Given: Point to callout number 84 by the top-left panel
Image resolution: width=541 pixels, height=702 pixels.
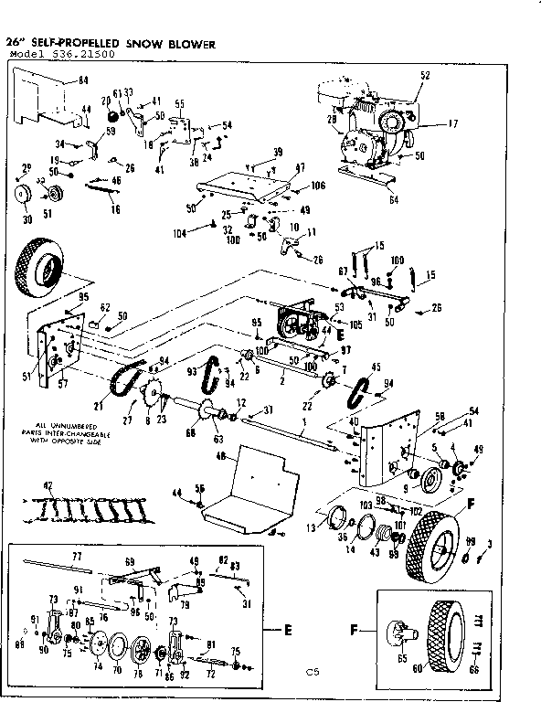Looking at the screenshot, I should (x=83, y=81).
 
